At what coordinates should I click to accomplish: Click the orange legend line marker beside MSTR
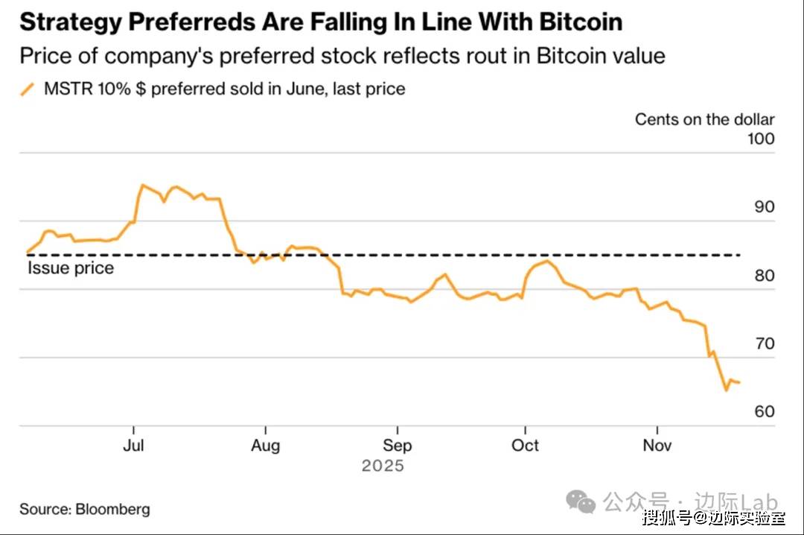[x=28, y=89]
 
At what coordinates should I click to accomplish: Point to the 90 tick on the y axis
[x=764, y=207]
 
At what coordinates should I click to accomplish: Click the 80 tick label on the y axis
[x=764, y=276]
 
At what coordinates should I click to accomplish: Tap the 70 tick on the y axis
[x=764, y=344]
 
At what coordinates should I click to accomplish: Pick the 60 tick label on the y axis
[x=764, y=412]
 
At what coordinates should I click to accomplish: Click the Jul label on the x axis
[x=133, y=445]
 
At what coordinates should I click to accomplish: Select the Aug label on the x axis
[x=265, y=445]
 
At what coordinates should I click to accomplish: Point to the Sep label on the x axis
[x=397, y=445]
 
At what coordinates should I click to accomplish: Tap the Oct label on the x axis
[x=525, y=445]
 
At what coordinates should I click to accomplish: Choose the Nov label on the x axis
[x=657, y=445]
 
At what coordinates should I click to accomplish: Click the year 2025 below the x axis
[x=383, y=466]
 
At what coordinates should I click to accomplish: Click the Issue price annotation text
[x=71, y=268]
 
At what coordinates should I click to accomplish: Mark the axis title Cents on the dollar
[x=704, y=119]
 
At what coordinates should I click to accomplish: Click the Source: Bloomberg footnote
[x=84, y=510]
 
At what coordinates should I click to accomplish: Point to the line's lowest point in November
[x=726, y=390]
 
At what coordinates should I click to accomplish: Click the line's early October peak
[x=548, y=261]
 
